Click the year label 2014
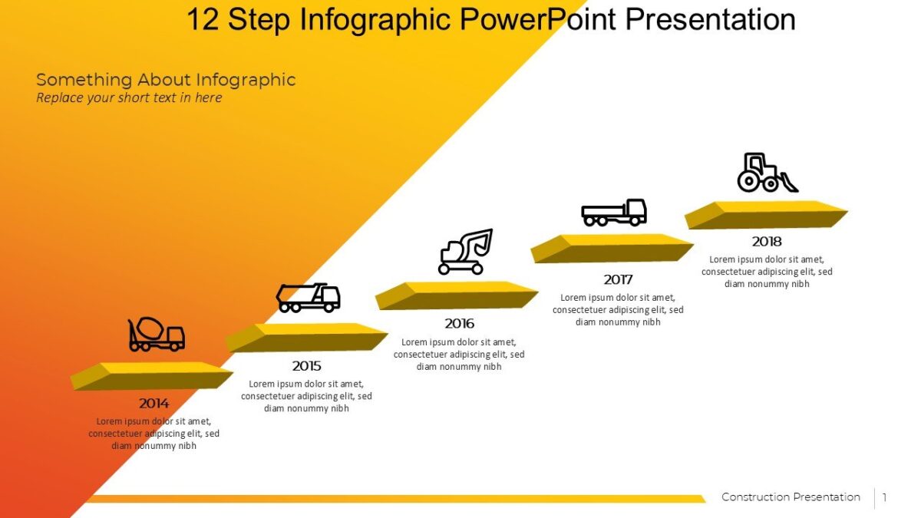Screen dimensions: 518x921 153,403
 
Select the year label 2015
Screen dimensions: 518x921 306,366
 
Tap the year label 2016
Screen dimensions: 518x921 459,324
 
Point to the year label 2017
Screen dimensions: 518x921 618,279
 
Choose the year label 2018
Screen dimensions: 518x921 767,241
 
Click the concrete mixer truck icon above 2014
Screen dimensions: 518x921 156,335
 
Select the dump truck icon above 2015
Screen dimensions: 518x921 308,297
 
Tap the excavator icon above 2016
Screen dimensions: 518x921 464,252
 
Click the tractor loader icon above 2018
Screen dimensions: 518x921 767,173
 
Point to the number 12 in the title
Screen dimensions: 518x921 203,19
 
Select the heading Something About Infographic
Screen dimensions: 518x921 166,79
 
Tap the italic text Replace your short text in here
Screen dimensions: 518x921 129,97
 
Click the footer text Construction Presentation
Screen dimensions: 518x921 791,497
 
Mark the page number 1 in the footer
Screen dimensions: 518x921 884,497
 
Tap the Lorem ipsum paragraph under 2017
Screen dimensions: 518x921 618,309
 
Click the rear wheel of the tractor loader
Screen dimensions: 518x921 748,182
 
